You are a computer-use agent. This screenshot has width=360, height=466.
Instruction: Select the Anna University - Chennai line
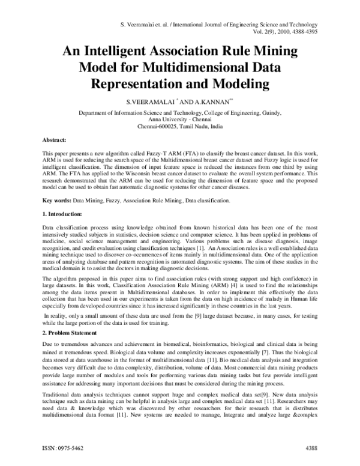click(x=180, y=121)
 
